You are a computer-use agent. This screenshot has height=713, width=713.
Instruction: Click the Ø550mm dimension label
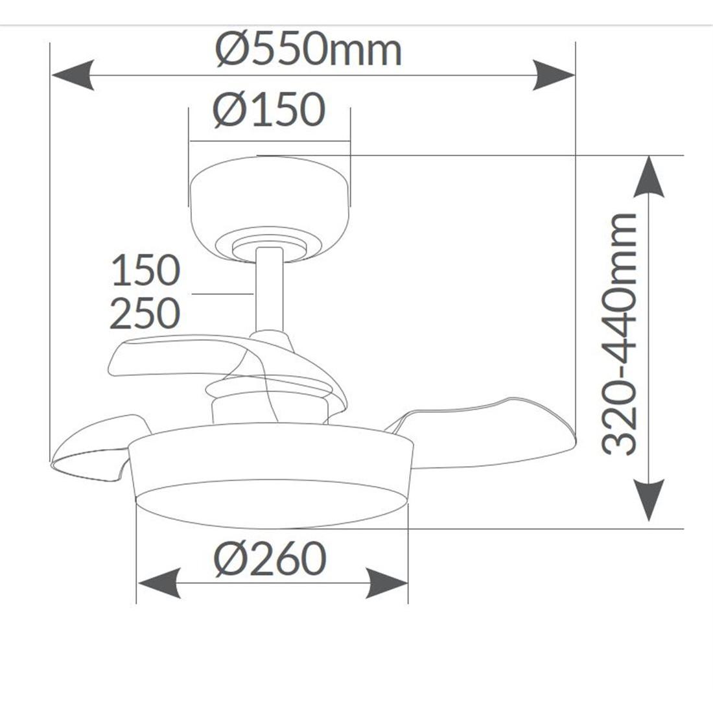pyautogui.click(x=309, y=49)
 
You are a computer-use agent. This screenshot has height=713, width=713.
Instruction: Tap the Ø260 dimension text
pyautogui.click(x=270, y=558)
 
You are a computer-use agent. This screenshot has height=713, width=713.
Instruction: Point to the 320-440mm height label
pyautogui.click(x=618, y=334)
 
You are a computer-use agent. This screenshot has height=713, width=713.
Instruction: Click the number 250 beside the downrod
pyautogui.click(x=145, y=313)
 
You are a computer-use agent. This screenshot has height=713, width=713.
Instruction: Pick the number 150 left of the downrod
pyautogui.click(x=146, y=270)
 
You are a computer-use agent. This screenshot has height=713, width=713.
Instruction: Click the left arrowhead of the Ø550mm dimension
pyautogui.click(x=73, y=75)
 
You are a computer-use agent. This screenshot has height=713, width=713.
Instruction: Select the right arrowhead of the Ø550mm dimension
pyautogui.click(x=554, y=75)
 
